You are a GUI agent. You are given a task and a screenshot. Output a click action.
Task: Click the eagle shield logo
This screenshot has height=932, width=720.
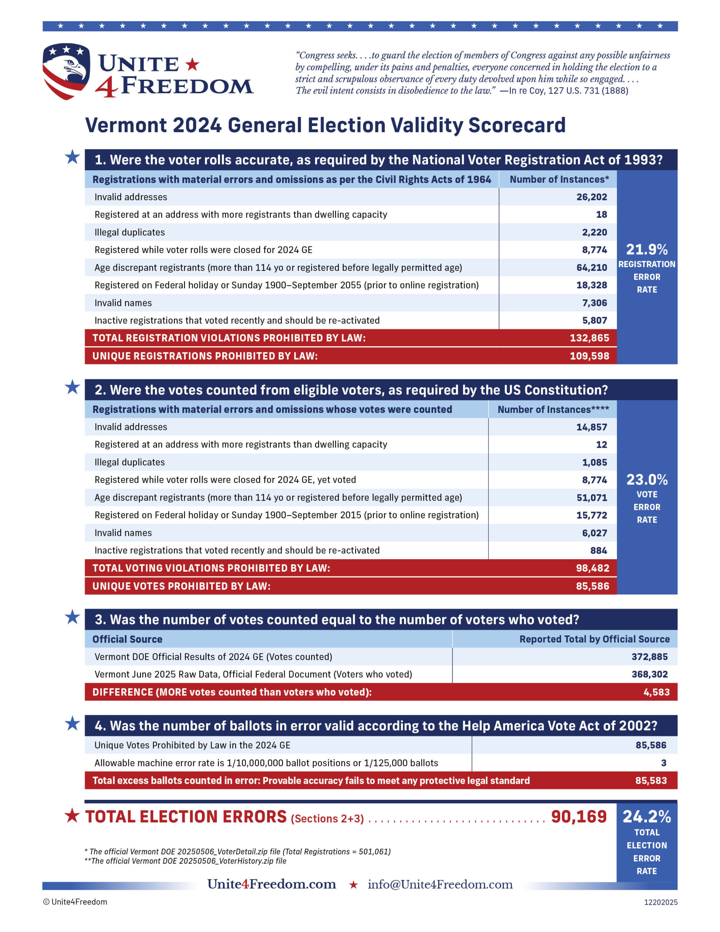(x=66, y=71)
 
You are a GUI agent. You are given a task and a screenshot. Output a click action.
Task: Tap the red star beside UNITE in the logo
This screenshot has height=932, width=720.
(x=192, y=64)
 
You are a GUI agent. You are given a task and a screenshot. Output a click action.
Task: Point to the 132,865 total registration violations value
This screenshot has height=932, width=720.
(x=589, y=338)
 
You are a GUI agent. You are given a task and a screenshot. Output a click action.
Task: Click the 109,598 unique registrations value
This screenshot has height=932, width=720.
(x=589, y=356)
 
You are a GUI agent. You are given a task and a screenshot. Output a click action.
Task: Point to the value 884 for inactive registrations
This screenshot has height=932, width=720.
(x=598, y=550)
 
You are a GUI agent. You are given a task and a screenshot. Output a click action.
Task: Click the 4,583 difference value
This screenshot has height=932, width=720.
(x=656, y=692)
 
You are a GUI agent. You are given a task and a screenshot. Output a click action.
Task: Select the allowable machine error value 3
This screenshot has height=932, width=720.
(x=663, y=763)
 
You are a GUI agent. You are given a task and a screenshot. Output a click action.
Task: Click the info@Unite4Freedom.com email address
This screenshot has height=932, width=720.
(x=440, y=884)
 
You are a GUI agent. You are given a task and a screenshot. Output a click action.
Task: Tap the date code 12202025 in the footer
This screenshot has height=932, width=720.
(x=660, y=902)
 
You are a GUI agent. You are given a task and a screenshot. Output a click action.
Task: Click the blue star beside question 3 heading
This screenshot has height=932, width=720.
(x=72, y=617)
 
